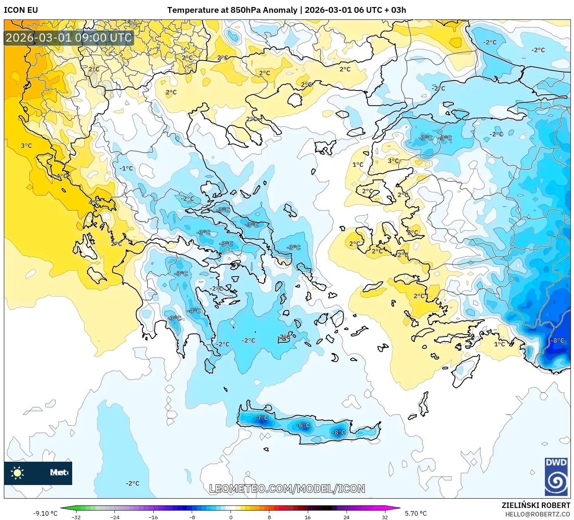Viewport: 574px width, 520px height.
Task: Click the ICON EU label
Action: (x=21, y=10)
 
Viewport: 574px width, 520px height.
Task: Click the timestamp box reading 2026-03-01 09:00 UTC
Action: (x=69, y=38)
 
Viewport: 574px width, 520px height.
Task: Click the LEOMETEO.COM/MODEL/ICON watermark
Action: (x=287, y=489)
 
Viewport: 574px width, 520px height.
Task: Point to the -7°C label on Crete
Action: (x=261, y=418)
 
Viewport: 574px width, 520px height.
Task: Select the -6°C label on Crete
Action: (x=303, y=425)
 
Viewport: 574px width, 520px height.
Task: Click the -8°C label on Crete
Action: (x=338, y=432)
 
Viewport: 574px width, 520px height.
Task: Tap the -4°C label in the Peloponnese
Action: (x=194, y=311)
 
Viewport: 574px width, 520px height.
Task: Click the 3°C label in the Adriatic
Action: (x=26, y=146)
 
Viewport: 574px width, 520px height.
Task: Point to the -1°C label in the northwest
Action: (x=127, y=168)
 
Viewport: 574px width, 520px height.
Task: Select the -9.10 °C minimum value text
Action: (x=45, y=513)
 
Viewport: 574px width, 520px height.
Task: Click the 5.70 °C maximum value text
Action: (x=416, y=513)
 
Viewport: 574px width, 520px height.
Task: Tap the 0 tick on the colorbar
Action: (x=231, y=517)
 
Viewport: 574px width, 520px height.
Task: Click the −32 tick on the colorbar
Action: (x=76, y=517)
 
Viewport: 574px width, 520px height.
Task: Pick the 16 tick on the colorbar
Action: (x=307, y=517)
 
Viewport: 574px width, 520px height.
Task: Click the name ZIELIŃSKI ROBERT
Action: (x=536, y=505)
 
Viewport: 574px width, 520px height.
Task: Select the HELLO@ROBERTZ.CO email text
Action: (x=538, y=514)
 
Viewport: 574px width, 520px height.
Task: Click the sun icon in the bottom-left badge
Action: (x=17, y=473)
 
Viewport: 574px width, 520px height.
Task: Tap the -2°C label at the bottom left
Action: (x=132, y=483)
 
